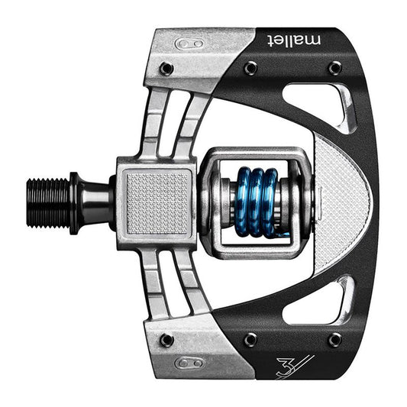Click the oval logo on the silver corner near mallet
coord(188,44)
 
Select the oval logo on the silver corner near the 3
coord(188,363)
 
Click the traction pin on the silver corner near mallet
coord(166,69)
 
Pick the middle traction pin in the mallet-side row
coord(250,69)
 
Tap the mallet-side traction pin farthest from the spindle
coord(334,68)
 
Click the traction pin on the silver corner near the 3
coord(166,339)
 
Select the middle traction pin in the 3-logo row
coord(250,339)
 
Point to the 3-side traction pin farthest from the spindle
coord(334,339)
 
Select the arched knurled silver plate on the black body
coord(340,202)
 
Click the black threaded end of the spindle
coord(48,202)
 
